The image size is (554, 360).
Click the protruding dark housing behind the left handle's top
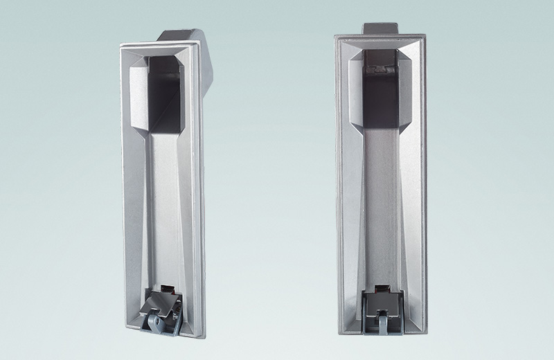point(184,36)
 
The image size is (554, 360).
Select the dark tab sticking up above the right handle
point(380,27)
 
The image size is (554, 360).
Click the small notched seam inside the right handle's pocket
point(378,70)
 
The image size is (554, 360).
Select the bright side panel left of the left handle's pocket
point(138,97)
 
